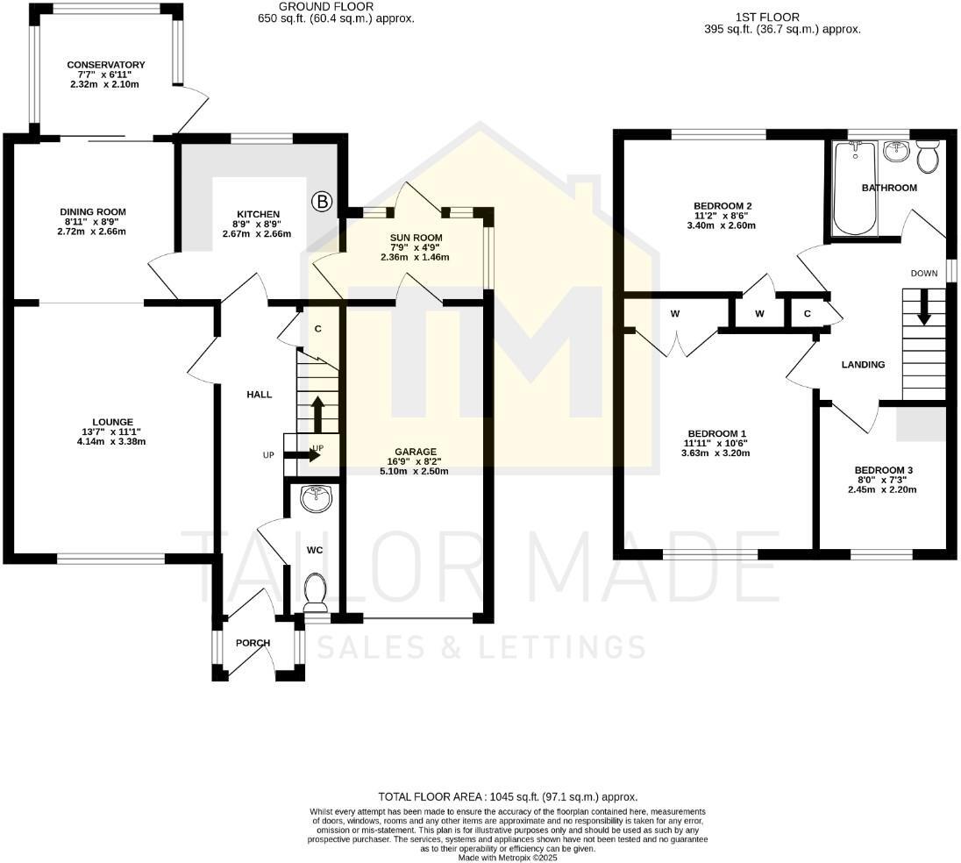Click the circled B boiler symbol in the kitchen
point(323,202)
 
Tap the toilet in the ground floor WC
point(314,594)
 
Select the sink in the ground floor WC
point(316,499)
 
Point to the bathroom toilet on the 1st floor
point(928,156)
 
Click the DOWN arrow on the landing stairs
point(923,308)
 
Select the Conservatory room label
point(105,65)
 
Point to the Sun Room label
point(416,238)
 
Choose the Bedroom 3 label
point(883,471)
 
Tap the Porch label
point(253,643)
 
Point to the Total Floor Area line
point(507,796)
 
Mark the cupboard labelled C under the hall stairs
point(318,330)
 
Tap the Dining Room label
point(93,211)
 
